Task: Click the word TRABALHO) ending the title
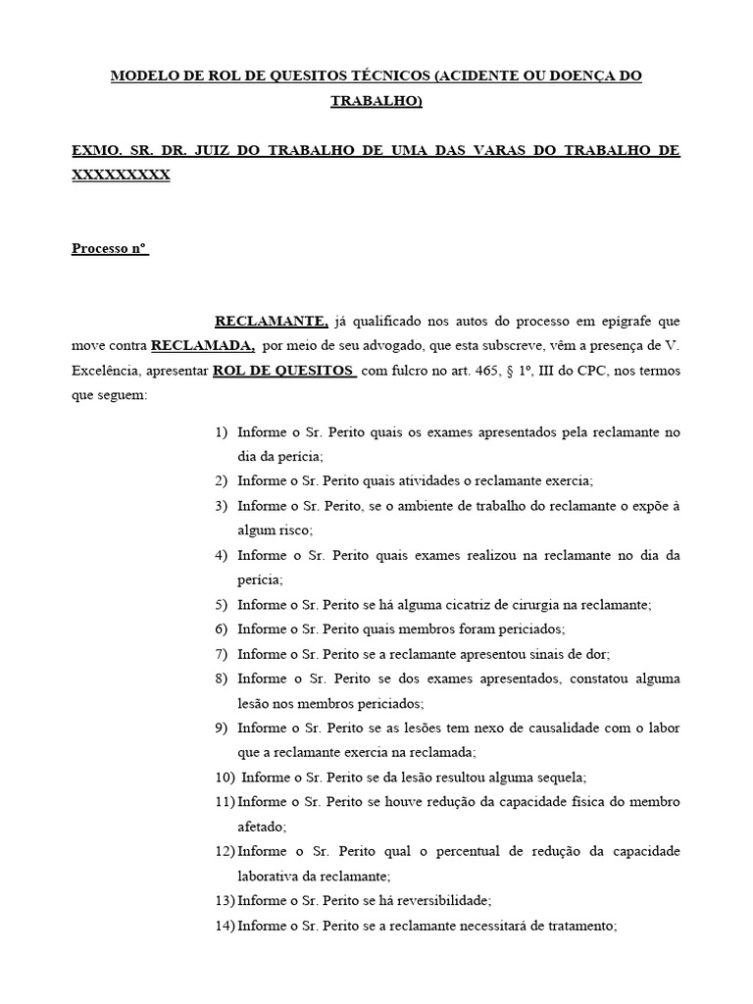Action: point(376,101)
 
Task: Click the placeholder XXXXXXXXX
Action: point(121,175)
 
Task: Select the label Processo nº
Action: point(110,248)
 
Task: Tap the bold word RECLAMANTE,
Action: point(272,321)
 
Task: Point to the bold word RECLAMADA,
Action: point(203,346)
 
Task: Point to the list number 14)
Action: point(225,926)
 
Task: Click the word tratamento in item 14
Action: point(576,926)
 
